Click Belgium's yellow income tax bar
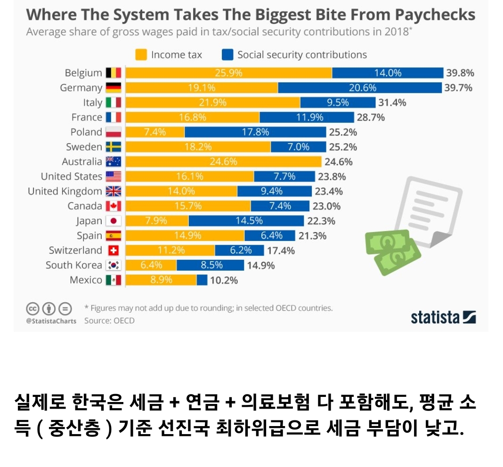pyautogui.click(x=228, y=73)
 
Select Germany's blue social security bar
pyautogui.click(x=360, y=88)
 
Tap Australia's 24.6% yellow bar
pyautogui.click(x=224, y=162)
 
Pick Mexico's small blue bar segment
pyautogui.click(x=202, y=280)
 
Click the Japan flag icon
pyautogui.click(x=114, y=221)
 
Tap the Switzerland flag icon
pyautogui.click(x=114, y=250)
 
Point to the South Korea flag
pyautogui.click(x=114, y=265)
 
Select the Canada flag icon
pyautogui.click(x=114, y=206)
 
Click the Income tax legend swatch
pyautogui.click(x=141, y=55)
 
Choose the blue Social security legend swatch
pyautogui.click(x=227, y=55)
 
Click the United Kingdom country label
pyautogui.click(x=65, y=191)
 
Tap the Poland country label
pyautogui.click(x=86, y=132)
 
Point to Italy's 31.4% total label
pyautogui.click(x=392, y=103)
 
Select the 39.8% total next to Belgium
pyautogui.click(x=459, y=73)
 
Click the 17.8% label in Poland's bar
pyautogui.click(x=255, y=132)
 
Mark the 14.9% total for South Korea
pyautogui.click(x=260, y=266)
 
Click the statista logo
pyautogui.click(x=443, y=317)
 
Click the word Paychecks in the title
pyautogui.click(x=434, y=15)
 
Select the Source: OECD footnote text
pyautogui.click(x=109, y=321)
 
